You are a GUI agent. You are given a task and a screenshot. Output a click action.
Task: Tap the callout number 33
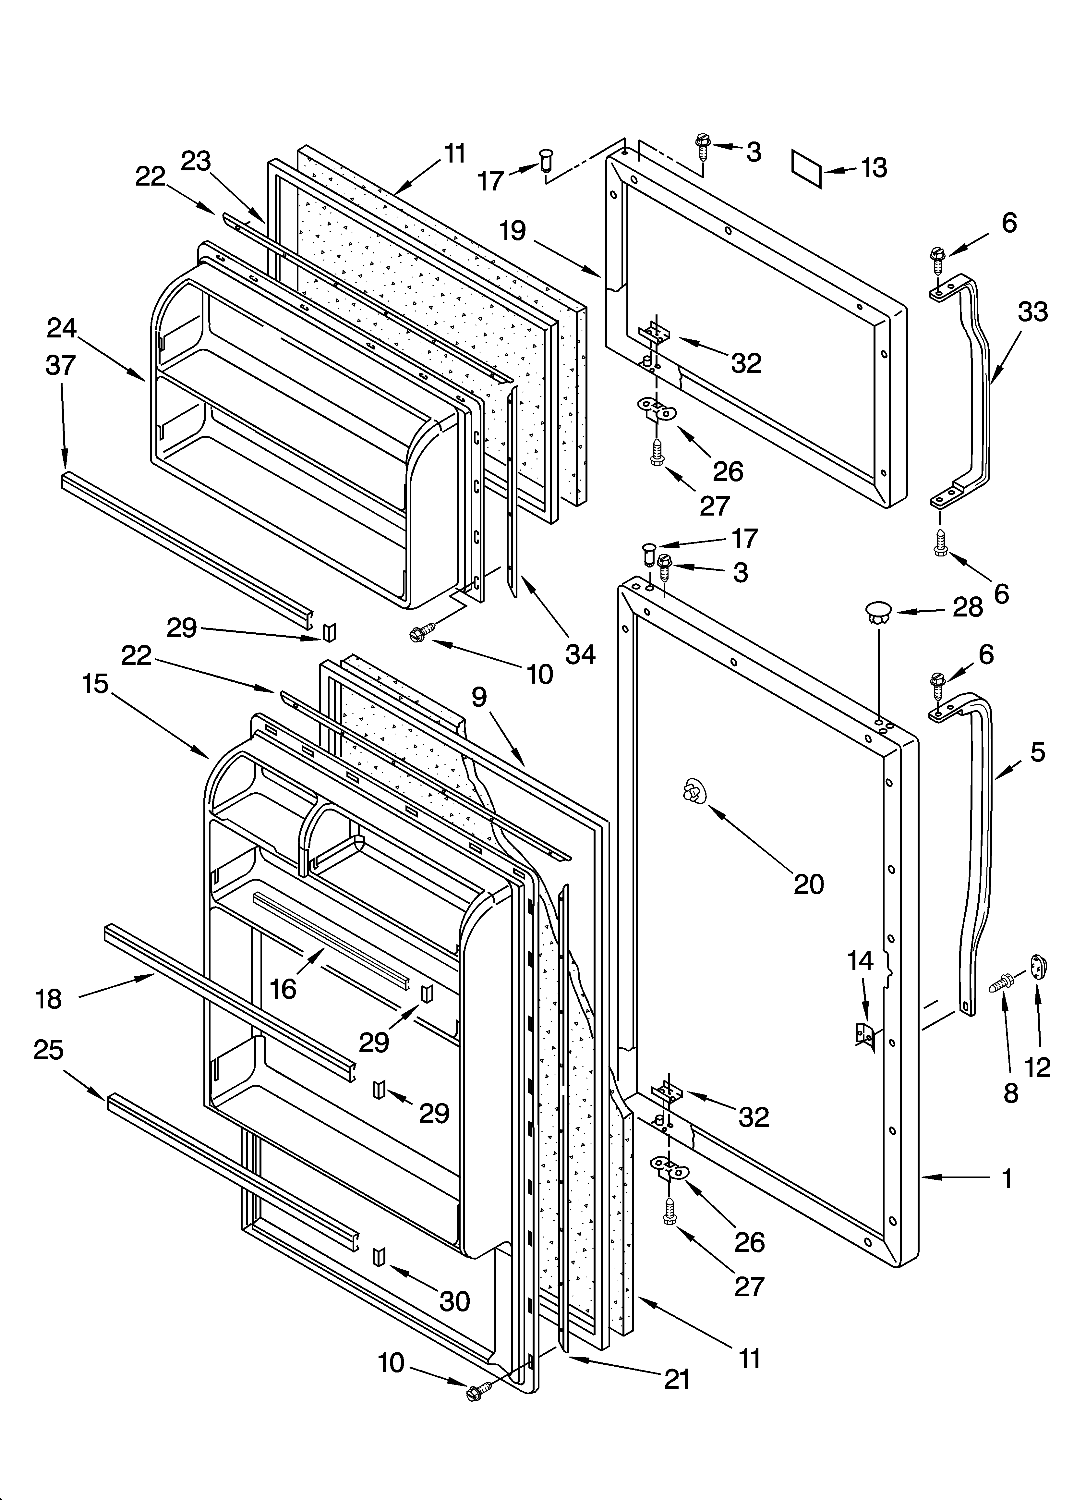pos(1032,311)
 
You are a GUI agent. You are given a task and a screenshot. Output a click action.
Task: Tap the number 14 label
pos(860,960)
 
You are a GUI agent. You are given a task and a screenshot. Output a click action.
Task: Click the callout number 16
pos(283,989)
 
